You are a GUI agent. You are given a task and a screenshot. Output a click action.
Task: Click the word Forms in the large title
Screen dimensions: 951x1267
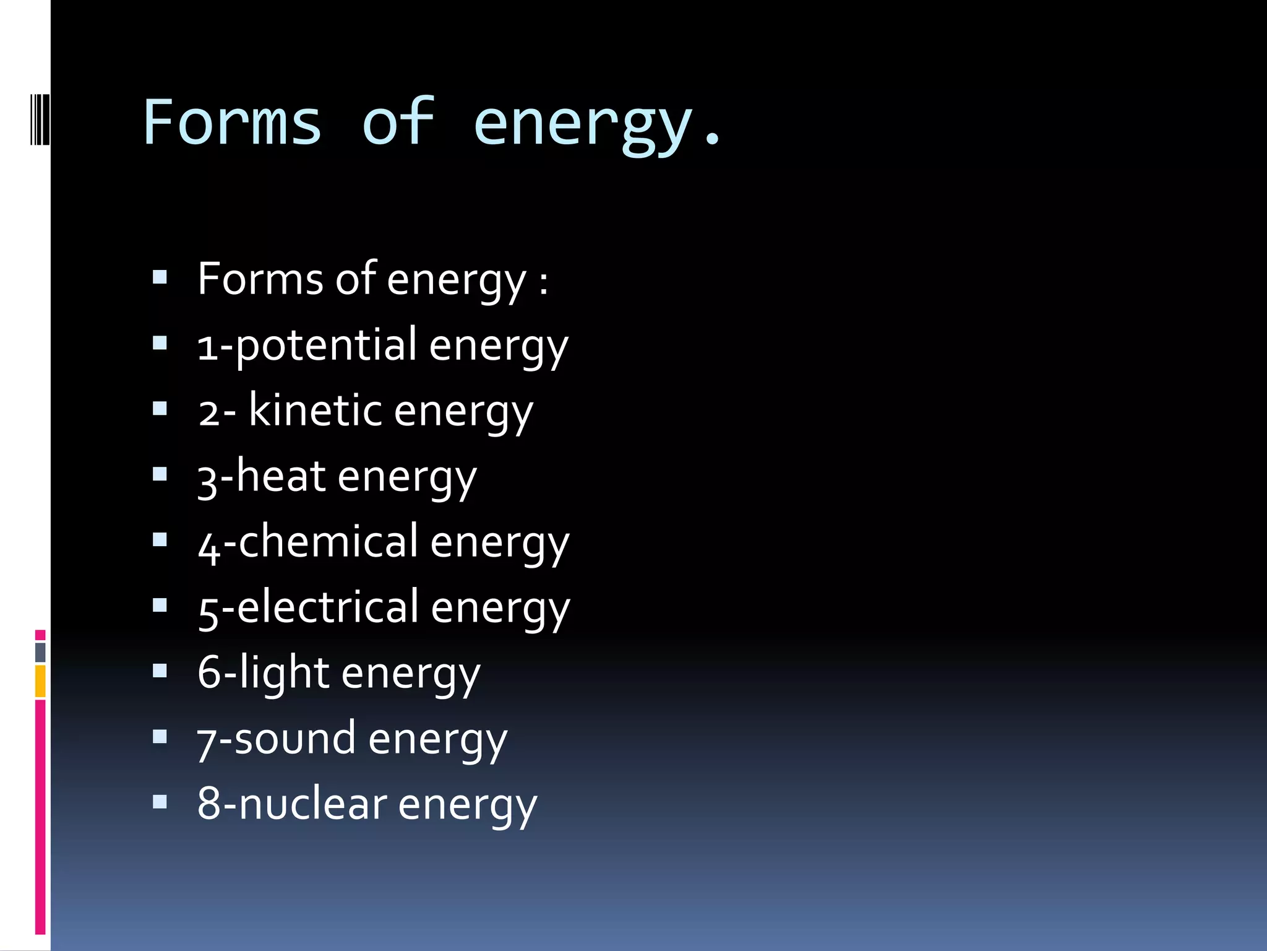tap(232, 122)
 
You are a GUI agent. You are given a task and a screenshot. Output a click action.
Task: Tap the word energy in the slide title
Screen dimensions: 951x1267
tap(582, 124)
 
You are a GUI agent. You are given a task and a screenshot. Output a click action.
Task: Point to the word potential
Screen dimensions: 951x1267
tap(326, 345)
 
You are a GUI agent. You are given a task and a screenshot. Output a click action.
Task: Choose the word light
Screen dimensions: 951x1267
tap(285, 673)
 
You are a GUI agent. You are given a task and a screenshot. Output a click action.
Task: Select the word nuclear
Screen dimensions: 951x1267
tap(312, 804)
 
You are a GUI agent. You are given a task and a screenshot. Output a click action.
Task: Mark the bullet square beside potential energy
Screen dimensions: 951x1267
tap(160, 343)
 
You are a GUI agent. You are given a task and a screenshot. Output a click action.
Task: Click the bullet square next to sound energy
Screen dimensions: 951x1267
tap(160, 737)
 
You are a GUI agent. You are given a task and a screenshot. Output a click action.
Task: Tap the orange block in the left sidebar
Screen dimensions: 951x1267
tap(40, 680)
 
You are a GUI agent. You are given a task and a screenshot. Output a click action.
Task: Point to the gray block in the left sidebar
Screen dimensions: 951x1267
tap(40, 652)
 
